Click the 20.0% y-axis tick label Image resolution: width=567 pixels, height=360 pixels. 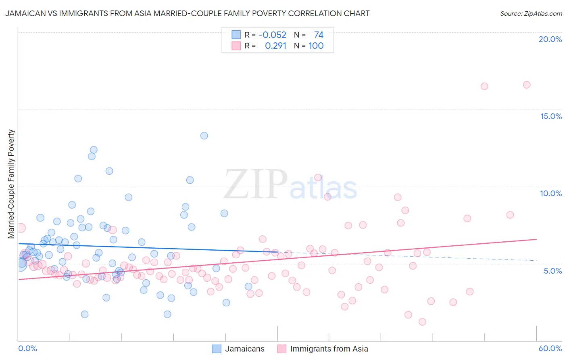[x=550, y=39]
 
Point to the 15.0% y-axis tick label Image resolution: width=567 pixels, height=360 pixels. [x=551, y=116]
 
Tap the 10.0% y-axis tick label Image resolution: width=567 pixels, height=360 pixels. [x=551, y=193]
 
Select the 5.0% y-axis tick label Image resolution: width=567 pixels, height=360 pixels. [x=552, y=271]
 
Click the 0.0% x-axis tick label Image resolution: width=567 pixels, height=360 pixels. [x=27, y=348]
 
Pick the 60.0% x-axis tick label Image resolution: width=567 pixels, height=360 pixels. [x=550, y=348]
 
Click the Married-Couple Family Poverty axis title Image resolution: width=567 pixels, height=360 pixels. [x=11, y=184]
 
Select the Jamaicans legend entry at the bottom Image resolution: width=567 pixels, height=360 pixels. [x=238, y=349]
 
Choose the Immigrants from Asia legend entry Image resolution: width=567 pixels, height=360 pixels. [x=323, y=349]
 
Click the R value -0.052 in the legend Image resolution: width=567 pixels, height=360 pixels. [x=273, y=35]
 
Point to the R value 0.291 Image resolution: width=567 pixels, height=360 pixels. [x=275, y=46]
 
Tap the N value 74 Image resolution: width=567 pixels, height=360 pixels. [x=319, y=35]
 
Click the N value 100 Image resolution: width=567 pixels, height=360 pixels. [x=316, y=46]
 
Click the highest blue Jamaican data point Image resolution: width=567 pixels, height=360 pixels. [x=204, y=136]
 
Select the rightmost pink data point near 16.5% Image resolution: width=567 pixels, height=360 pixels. [x=527, y=85]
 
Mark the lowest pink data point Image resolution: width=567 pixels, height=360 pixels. [x=422, y=322]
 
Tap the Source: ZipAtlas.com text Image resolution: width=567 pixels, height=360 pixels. [x=531, y=14]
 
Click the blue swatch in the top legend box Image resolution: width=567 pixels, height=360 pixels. [x=236, y=35]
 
